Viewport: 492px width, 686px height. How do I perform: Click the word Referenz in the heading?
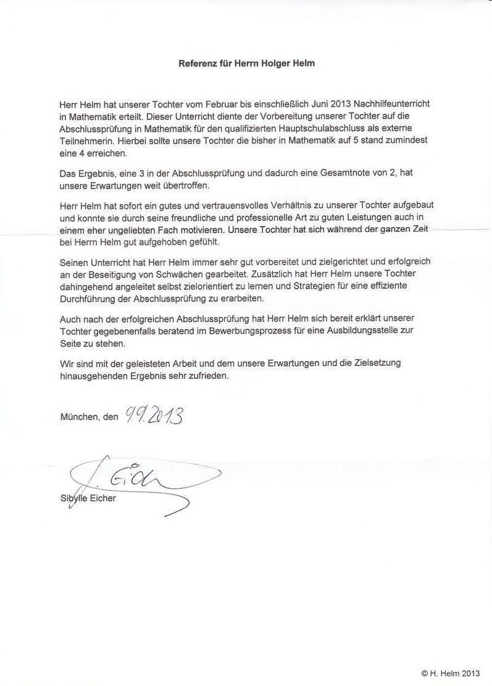coord(198,63)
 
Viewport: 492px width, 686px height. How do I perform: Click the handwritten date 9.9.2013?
coord(154,416)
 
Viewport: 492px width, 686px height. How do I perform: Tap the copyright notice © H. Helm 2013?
coord(450,673)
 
